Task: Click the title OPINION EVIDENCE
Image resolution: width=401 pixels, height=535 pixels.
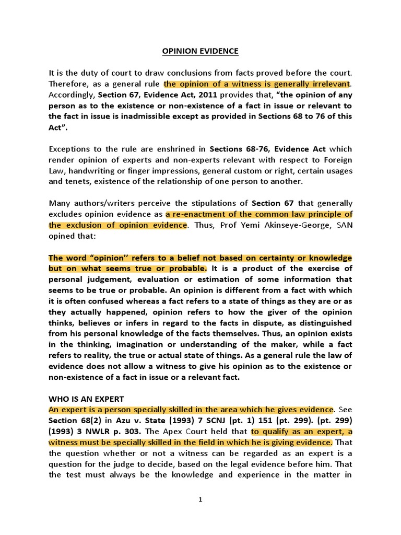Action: click(x=200, y=51)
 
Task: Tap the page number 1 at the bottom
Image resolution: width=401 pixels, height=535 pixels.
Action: click(x=200, y=499)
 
